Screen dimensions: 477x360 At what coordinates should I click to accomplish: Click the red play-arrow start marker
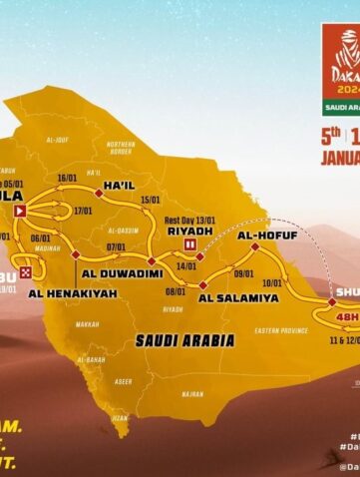point(20,211)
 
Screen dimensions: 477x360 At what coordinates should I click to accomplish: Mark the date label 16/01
point(69,178)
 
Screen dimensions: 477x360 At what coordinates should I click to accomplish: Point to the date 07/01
point(115,246)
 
